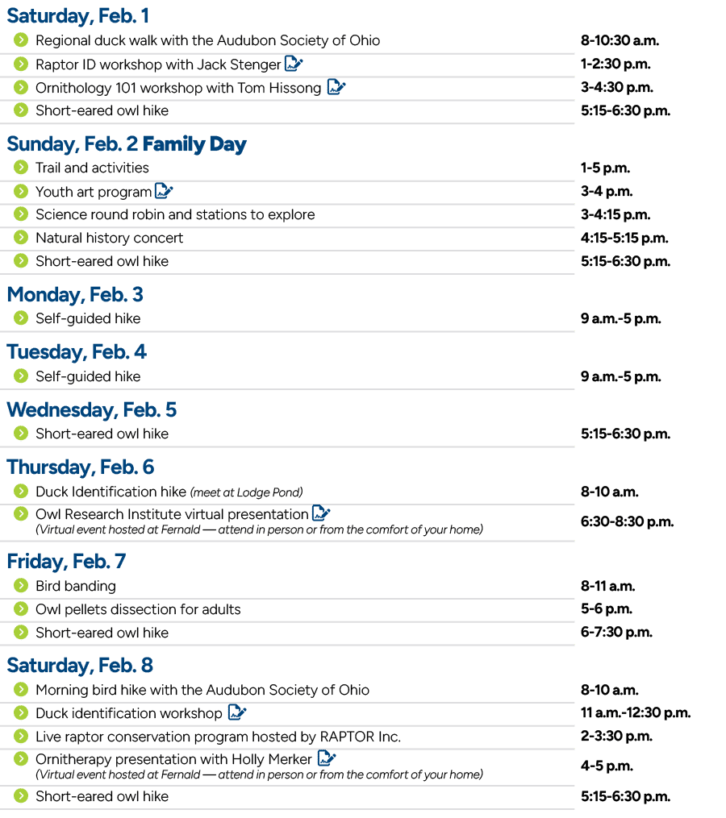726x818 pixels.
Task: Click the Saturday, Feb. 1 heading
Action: (77, 15)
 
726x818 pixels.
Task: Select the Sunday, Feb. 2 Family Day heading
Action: (127, 143)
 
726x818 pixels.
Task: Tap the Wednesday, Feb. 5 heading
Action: (91, 409)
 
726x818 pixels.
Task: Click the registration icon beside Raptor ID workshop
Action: (293, 64)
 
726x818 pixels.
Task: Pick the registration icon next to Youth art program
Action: (164, 192)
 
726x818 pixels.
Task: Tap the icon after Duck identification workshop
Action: (236, 713)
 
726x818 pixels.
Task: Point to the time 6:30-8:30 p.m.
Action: (627, 521)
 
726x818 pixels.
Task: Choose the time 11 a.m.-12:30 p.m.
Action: (636, 713)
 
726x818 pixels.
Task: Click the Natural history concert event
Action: (109, 239)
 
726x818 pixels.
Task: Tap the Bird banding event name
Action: (75, 586)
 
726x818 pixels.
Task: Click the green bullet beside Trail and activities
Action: (21, 168)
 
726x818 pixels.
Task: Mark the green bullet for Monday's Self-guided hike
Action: (21, 318)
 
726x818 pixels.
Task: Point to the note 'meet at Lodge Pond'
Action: (246, 492)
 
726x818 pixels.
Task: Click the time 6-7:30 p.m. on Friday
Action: (616, 633)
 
